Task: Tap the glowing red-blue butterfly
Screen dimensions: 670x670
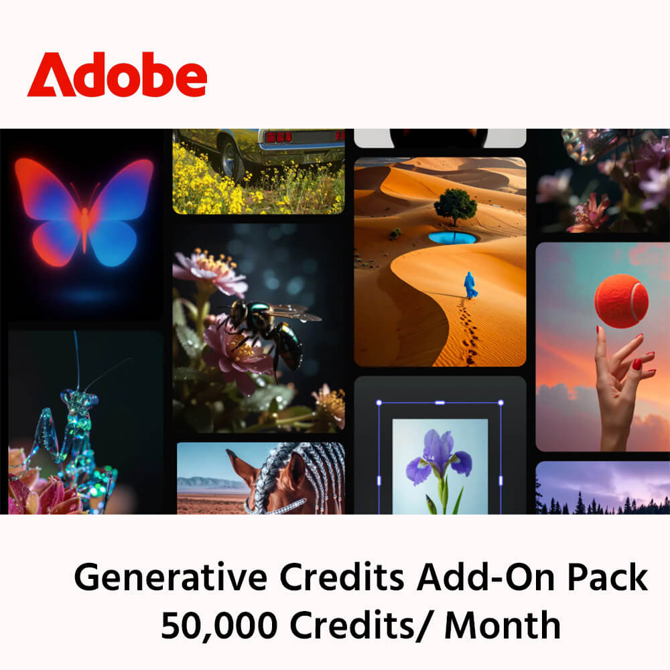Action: [x=84, y=208]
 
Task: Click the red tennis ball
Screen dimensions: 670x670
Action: [x=621, y=301]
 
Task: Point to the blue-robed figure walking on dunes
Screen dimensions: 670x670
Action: [x=470, y=285]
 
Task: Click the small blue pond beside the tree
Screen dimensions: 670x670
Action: [x=453, y=238]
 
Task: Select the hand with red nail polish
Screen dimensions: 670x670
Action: [x=620, y=389]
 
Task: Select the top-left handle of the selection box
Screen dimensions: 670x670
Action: [x=379, y=403]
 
